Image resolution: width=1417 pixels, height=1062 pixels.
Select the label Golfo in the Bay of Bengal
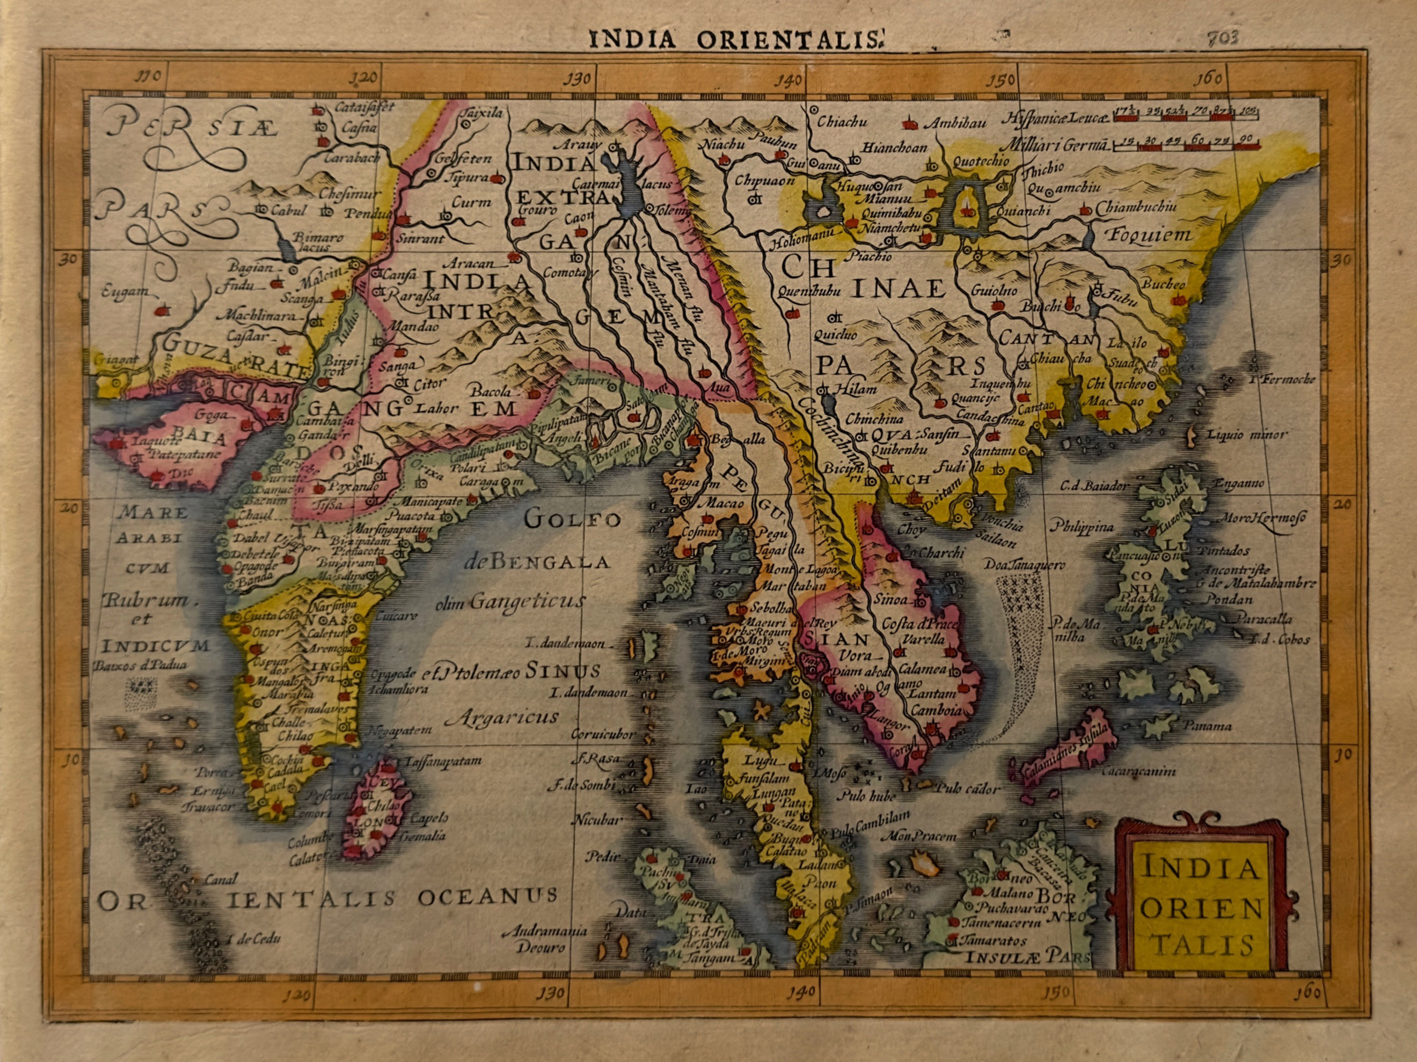[573, 519]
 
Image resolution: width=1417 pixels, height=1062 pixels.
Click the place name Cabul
[289, 210]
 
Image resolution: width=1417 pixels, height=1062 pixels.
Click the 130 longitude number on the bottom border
[551, 993]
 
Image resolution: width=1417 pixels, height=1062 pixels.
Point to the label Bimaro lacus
[318, 241]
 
